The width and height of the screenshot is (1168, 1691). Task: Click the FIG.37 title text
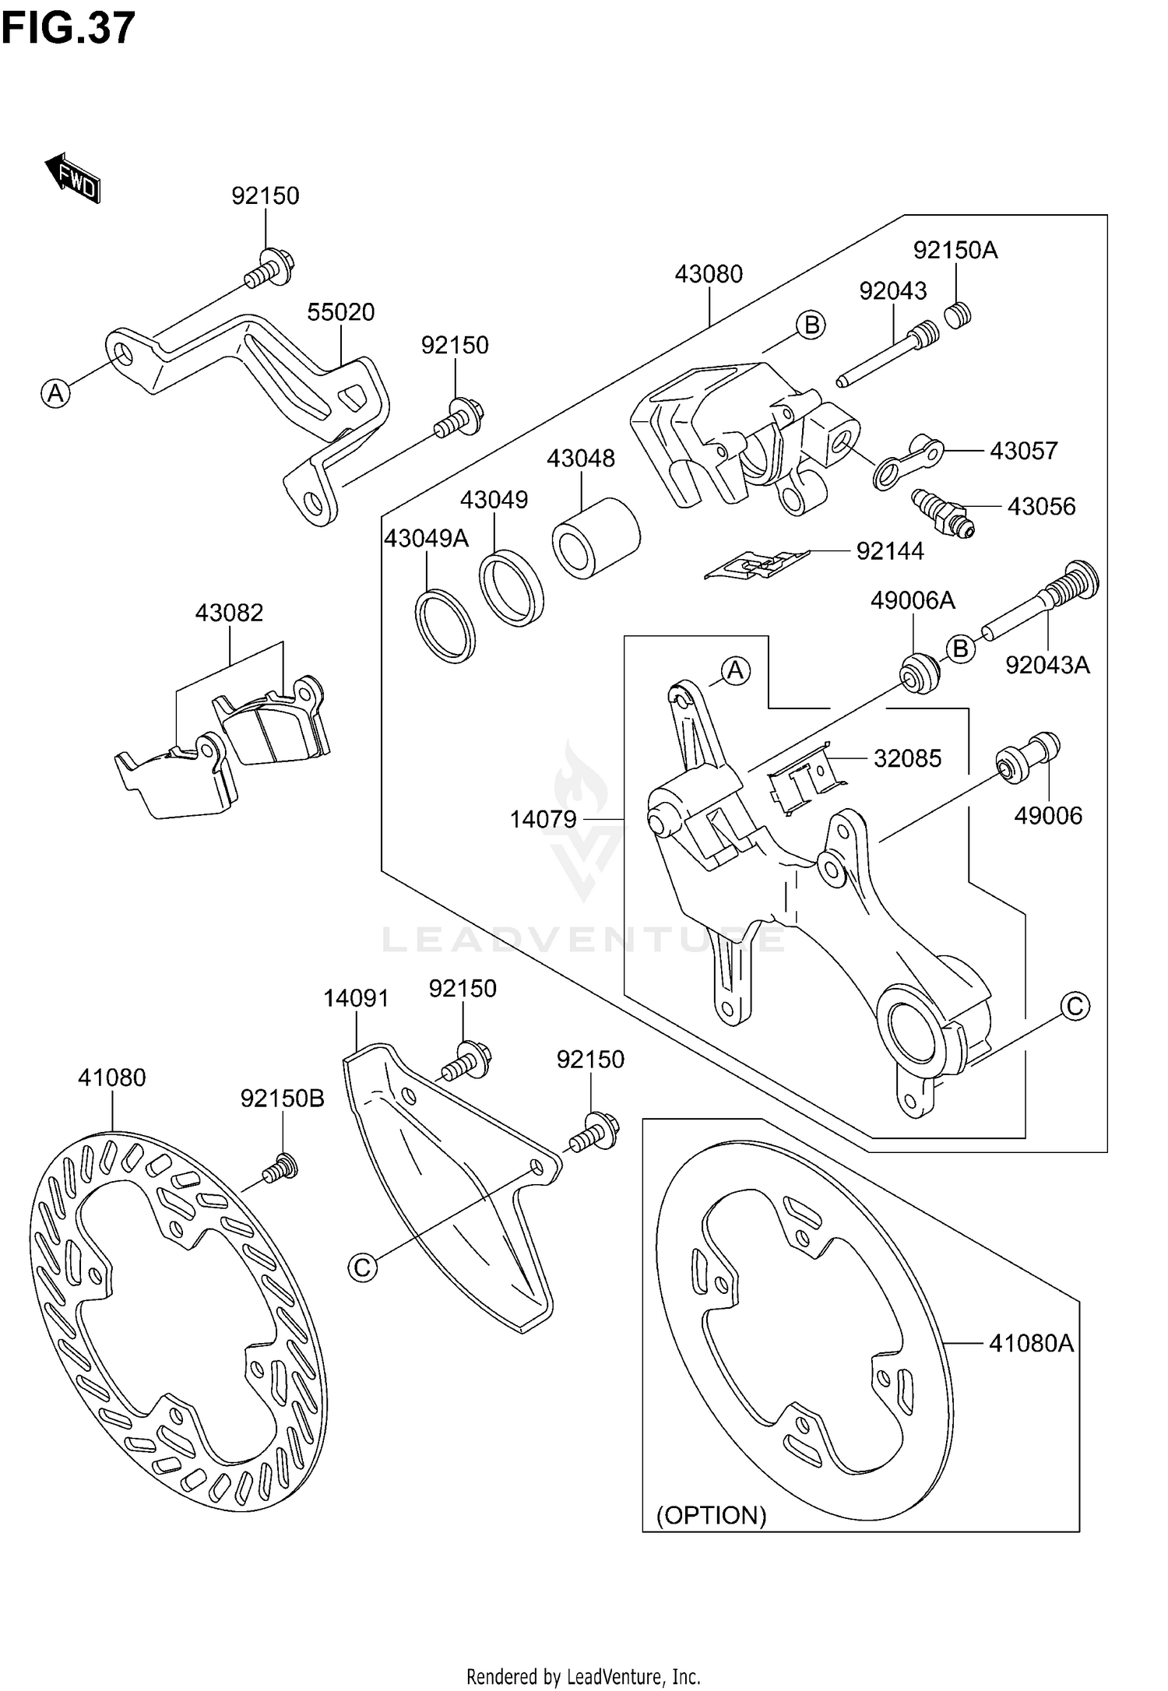69,29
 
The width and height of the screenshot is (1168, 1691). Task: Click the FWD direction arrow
72,178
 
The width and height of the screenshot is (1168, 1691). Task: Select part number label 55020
340,312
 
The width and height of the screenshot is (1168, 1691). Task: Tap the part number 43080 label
708,274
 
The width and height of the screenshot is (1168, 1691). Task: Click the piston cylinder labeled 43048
596,538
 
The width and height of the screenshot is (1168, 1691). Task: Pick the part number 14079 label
543,819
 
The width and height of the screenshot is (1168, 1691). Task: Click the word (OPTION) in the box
711,1515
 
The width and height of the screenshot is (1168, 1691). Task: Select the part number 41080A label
1031,1343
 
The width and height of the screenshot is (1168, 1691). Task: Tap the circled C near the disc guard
362,1267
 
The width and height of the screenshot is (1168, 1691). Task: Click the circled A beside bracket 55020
55,393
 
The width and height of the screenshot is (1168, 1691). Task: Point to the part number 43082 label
229,613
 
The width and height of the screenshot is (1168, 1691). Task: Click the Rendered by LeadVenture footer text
583,1676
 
